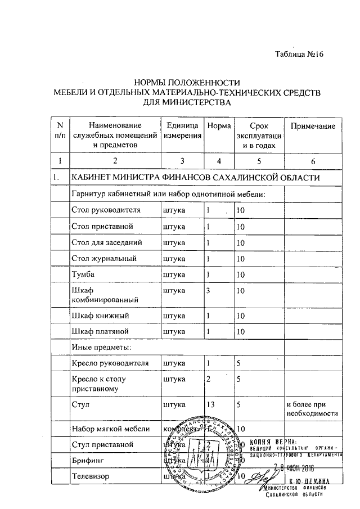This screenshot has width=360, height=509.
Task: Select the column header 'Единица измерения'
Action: (180, 131)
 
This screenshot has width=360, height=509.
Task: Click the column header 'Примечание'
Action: (312, 126)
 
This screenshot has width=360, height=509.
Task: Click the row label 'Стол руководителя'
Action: (106, 210)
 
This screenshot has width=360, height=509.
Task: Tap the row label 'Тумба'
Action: (82, 274)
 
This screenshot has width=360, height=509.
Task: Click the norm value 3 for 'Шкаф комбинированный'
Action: (208, 291)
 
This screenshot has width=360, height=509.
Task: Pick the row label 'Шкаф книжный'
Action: (98, 316)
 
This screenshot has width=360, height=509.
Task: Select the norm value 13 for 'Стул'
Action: (210, 404)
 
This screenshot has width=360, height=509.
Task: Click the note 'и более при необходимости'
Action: (312, 408)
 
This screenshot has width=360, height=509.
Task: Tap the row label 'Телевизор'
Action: (92, 477)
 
